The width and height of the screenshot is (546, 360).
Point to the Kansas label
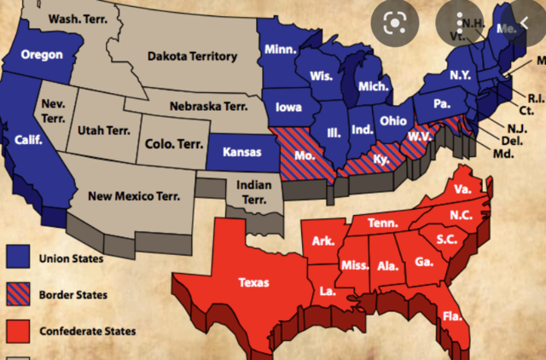(x=241, y=152)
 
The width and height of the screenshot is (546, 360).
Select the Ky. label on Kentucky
(x=380, y=159)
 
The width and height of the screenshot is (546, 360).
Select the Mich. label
(x=374, y=88)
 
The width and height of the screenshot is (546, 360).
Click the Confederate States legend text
(x=86, y=331)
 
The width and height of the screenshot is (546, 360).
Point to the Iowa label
(x=288, y=108)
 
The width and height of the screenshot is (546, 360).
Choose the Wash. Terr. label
(x=76, y=18)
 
